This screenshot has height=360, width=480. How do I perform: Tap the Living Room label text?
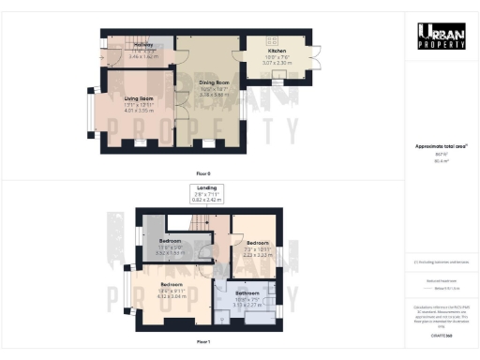(138, 97)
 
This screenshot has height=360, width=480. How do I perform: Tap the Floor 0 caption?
(202, 173)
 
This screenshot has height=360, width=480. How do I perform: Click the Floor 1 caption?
(202, 341)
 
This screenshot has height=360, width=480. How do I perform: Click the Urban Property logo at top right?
(442, 36)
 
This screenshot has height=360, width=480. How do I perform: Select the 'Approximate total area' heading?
(442, 145)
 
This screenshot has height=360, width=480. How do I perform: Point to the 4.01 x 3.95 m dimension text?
(138, 111)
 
